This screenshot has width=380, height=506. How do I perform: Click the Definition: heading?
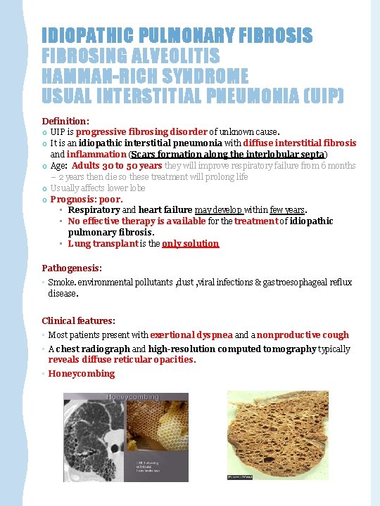click(x=65, y=121)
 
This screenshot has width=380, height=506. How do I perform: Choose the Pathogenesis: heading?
click(x=72, y=268)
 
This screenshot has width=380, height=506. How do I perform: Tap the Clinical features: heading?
click(x=77, y=320)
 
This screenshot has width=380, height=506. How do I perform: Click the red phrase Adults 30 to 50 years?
click(x=117, y=165)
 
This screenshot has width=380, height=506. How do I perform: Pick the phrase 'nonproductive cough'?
click(x=303, y=335)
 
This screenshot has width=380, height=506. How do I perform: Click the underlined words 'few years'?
click(x=286, y=210)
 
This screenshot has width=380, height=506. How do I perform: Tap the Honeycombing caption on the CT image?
click(x=133, y=398)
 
